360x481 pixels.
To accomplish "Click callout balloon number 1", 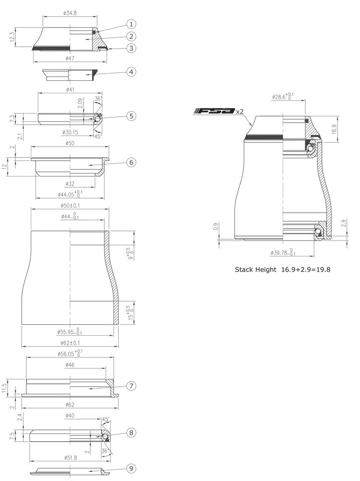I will pyautogui.click(x=131, y=24).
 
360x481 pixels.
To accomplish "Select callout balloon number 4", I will pyautogui.click(x=131, y=72).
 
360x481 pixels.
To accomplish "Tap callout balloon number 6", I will pyautogui.click(x=131, y=162).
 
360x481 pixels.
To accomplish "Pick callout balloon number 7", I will pyautogui.click(x=131, y=386).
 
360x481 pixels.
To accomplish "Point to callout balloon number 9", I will pyautogui.click(x=131, y=468).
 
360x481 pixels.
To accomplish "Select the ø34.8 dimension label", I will pyautogui.click(x=70, y=13).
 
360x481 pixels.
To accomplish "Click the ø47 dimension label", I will pyautogui.click(x=70, y=58).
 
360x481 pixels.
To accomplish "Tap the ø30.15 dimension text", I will pyautogui.click(x=72, y=132).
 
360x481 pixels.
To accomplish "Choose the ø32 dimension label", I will pyautogui.click(x=70, y=184).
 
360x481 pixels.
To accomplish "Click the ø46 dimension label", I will pyautogui.click(x=70, y=365).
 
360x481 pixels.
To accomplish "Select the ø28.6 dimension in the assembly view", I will pyautogui.click(x=283, y=96).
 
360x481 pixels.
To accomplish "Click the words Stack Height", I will pyautogui.click(x=255, y=270).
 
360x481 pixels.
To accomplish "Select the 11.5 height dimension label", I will pyautogui.click(x=5, y=387).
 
